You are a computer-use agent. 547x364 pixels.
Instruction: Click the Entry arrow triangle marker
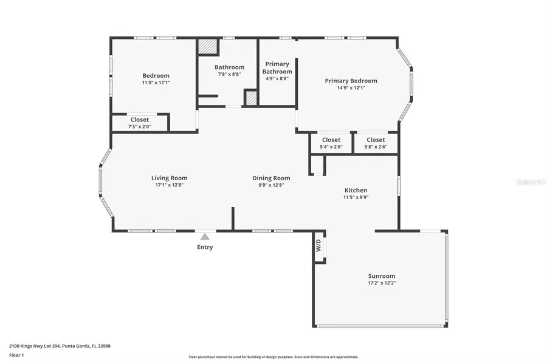coord(205,237)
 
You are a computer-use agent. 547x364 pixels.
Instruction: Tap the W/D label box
coord(318,246)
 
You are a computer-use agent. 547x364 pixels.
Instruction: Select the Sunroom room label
coord(381,275)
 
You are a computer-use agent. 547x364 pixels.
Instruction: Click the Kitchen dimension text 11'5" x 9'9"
coord(356,197)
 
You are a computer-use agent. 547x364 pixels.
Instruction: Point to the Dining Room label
coord(271,178)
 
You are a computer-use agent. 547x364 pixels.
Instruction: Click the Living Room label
coord(169,178)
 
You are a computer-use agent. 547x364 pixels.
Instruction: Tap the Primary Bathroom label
coord(277,67)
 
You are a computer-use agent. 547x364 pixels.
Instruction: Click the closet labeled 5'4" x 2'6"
coord(331,143)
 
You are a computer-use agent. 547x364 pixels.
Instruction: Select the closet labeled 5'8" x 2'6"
coord(376,143)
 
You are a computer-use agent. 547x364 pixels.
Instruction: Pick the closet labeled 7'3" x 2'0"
coord(139,123)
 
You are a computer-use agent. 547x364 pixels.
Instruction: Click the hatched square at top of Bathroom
coord(207,48)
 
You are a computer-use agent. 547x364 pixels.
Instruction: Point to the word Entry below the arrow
coord(205,247)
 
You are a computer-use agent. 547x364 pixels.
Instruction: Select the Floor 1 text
coord(16,354)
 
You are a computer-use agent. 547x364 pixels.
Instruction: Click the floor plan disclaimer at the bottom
coord(273,357)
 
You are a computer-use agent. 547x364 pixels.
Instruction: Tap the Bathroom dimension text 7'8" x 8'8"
coord(229,74)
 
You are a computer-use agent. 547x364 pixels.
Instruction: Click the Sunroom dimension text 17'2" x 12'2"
coord(381,283)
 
